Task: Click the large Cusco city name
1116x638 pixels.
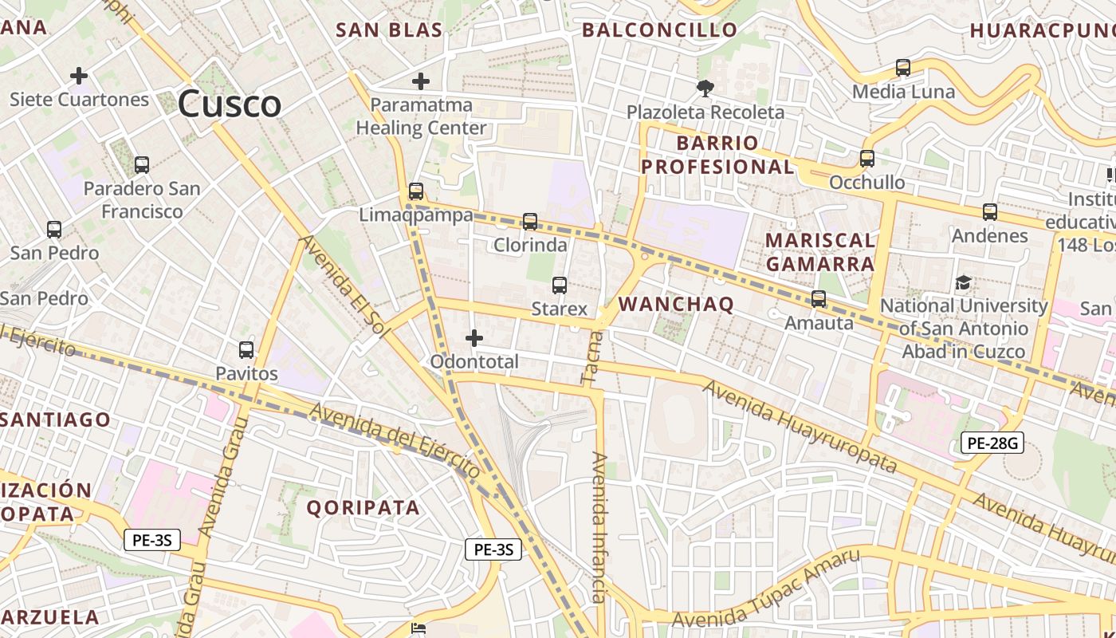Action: click(230, 104)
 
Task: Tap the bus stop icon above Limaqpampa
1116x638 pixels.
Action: click(415, 191)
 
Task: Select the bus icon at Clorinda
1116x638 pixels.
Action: click(530, 222)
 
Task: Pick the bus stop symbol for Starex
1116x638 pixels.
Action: click(560, 286)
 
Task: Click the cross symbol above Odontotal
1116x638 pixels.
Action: click(474, 338)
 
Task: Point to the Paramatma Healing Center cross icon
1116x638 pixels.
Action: click(421, 81)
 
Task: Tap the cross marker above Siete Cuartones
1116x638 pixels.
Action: click(79, 76)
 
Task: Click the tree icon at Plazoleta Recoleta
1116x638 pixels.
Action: click(705, 88)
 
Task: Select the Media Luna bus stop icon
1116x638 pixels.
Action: click(903, 68)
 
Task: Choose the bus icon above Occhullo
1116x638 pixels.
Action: click(867, 159)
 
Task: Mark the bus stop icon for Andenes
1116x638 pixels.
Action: click(990, 212)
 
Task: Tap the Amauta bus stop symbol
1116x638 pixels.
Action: click(819, 299)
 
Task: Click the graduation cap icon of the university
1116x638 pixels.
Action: click(964, 282)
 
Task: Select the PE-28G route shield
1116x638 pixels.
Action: click(992, 443)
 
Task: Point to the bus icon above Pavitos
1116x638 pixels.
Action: click(246, 349)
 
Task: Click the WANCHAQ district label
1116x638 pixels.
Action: click(676, 304)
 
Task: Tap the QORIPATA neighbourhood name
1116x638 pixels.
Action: click(363, 508)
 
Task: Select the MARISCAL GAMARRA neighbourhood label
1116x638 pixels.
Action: click(820, 252)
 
